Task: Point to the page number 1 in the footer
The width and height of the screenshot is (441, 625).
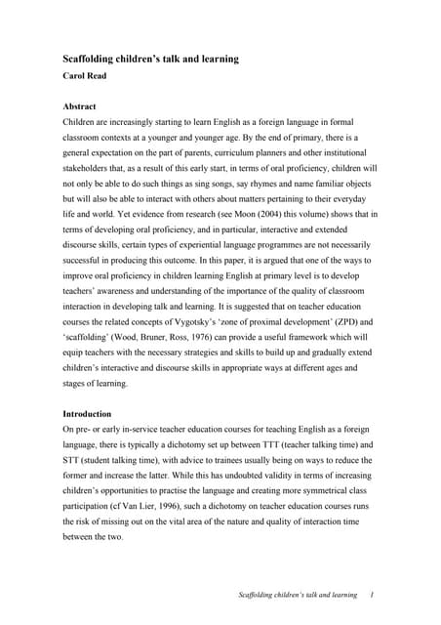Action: pos(374,596)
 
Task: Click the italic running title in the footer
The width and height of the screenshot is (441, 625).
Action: pos(299,596)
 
